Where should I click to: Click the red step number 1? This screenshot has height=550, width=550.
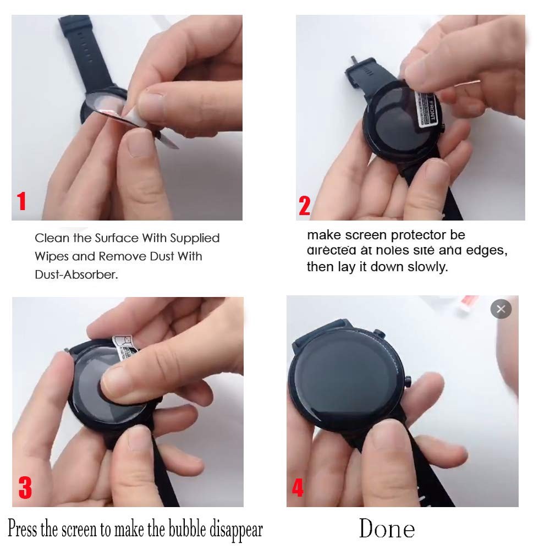[21, 201]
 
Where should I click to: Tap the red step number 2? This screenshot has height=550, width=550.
[304, 206]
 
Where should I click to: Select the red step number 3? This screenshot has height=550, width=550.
[25, 487]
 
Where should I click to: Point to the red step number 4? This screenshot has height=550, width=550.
[298, 487]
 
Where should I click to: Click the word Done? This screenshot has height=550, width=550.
[387, 529]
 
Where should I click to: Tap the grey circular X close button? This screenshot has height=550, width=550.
[501, 309]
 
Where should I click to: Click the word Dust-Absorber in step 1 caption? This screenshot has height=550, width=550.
[76, 274]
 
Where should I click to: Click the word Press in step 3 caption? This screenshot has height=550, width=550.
[23, 530]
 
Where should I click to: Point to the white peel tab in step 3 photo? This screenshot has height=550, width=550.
[125, 346]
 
